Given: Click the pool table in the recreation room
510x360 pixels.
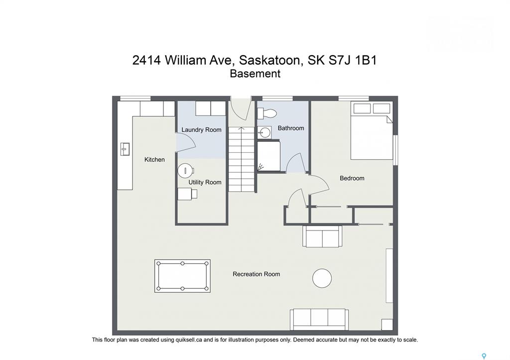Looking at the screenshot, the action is (x=182, y=276).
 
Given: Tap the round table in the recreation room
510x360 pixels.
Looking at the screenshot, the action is (x=322, y=278).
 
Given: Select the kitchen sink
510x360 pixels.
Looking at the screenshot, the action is (x=125, y=149).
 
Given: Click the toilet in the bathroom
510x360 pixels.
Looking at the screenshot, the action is (x=267, y=114).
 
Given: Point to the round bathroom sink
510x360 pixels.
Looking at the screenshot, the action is (x=264, y=132).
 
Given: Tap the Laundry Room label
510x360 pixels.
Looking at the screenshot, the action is (x=201, y=130).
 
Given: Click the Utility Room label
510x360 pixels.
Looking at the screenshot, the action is (x=205, y=182).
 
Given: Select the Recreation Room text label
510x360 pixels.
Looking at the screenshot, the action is (x=256, y=274).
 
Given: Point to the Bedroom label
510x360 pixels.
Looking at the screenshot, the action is (x=352, y=178).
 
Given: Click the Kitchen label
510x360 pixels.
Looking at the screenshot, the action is (x=154, y=160).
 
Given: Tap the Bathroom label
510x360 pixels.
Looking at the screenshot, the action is (x=291, y=128).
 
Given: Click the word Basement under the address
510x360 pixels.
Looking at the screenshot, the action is (x=255, y=74).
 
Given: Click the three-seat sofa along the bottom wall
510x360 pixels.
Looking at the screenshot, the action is (x=319, y=319).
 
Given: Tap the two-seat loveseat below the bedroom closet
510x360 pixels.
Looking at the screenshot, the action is (x=322, y=236).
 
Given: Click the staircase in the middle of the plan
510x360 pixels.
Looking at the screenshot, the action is (x=241, y=159).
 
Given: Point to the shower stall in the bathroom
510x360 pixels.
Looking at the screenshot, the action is (x=268, y=156).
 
